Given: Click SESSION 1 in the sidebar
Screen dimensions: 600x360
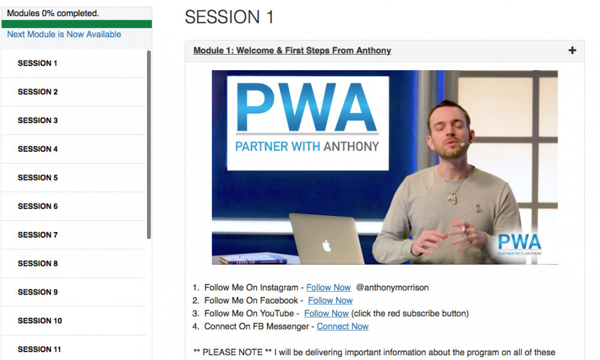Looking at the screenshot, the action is click(37, 63).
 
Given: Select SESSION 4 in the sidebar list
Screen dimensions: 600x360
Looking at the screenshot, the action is click(37, 149).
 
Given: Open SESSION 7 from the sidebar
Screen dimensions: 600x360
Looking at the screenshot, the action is click(37, 235).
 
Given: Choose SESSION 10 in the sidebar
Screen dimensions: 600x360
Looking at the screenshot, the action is click(40, 320).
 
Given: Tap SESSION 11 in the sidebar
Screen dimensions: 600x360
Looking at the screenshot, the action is click(40, 349).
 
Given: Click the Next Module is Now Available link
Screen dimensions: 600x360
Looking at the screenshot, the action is click(64, 34).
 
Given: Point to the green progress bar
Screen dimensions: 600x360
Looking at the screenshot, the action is click(77, 24).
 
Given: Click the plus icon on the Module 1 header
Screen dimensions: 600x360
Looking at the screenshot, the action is click(572, 50).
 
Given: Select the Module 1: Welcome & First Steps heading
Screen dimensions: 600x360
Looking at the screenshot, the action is click(292, 50).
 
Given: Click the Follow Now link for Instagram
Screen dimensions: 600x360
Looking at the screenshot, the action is click(328, 287).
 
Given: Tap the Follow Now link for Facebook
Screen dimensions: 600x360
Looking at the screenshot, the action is click(330, 301).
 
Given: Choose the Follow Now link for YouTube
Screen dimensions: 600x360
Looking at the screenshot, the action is click(326, 313).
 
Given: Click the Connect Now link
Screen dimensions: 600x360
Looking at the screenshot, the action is click(343, 326).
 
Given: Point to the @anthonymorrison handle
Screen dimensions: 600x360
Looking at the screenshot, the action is click(392, 287).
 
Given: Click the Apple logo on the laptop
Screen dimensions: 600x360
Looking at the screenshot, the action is click(326, 246).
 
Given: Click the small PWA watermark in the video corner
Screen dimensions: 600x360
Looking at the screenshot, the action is click(520, 244).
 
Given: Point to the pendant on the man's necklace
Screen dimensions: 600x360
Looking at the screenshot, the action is click(452, 198).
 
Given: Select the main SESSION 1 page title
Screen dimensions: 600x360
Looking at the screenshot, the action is click(229, 17).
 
